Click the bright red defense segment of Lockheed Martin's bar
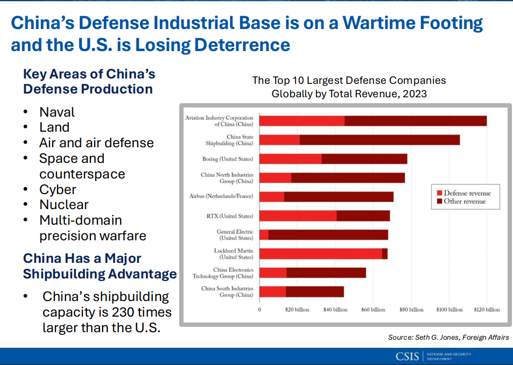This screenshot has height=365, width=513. pos(321,254)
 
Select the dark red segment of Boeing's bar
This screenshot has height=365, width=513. pos(364,159)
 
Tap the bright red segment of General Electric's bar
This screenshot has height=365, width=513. pos(264,235)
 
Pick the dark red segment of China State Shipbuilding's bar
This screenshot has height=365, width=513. pos(380,140)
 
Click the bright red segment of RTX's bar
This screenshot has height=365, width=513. pos(298,216)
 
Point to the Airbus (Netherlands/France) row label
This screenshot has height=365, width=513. pos(221,197)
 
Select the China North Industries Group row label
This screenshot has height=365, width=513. pos(227,178)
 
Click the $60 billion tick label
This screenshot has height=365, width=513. pos(374,310)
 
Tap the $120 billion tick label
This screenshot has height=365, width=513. pos(487,310)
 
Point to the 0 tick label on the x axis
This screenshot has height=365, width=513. pos(260,310)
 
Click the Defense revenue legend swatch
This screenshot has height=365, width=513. pos(439,193)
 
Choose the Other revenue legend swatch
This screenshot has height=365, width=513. pos(439,202)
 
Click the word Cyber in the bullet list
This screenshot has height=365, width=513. pos(58,190)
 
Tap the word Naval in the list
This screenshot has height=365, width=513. pos(57,112)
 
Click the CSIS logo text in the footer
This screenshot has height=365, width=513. pos(407,356)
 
